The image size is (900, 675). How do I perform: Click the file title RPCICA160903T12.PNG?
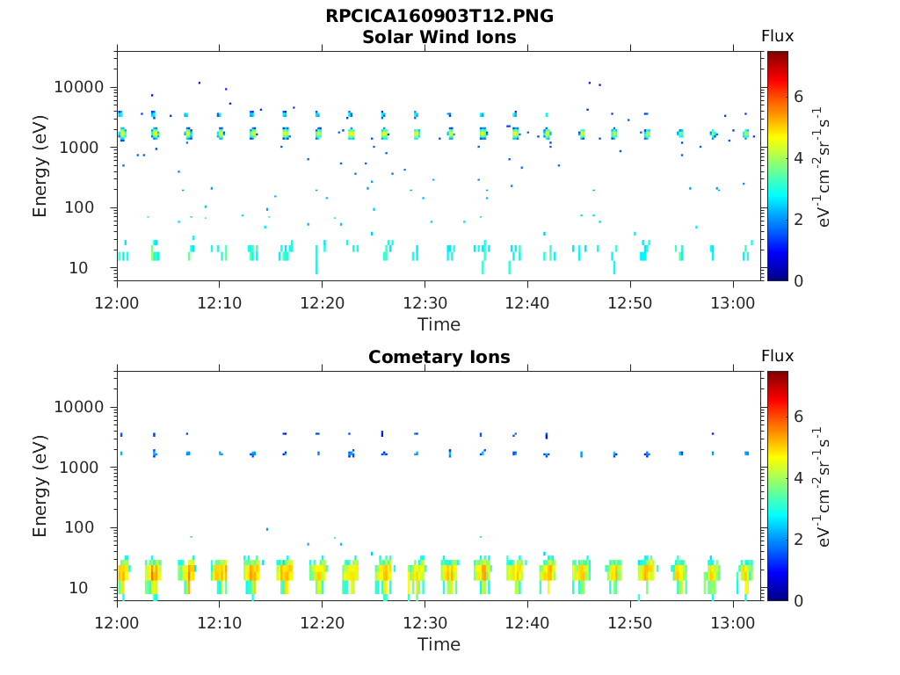(439, 16)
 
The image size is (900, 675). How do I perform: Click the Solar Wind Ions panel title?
(439, 37)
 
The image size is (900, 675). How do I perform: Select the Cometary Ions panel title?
(439, 357)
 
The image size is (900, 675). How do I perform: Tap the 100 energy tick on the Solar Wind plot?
(91, 207)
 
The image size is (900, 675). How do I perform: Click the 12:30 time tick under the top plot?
(425, 301)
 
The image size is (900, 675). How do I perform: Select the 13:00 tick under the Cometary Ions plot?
(732, 621)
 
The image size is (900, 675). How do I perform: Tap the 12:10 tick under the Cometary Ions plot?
(220, 621)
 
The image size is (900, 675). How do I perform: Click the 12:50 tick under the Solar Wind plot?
(630, 301)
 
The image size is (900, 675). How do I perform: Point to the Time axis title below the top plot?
(439, 324)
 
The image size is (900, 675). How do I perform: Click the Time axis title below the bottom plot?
(439, 644)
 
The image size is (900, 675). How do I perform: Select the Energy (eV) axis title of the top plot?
(40, 166)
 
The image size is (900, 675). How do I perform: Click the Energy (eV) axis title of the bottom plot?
(40, 486)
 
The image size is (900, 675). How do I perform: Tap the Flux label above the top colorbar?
(777, 36)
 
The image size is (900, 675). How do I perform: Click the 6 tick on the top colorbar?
(799, 97)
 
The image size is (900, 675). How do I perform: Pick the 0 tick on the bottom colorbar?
(799, 600)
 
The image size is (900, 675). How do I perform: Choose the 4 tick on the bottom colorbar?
(799, 478)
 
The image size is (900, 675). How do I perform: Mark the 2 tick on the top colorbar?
(799, 219)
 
